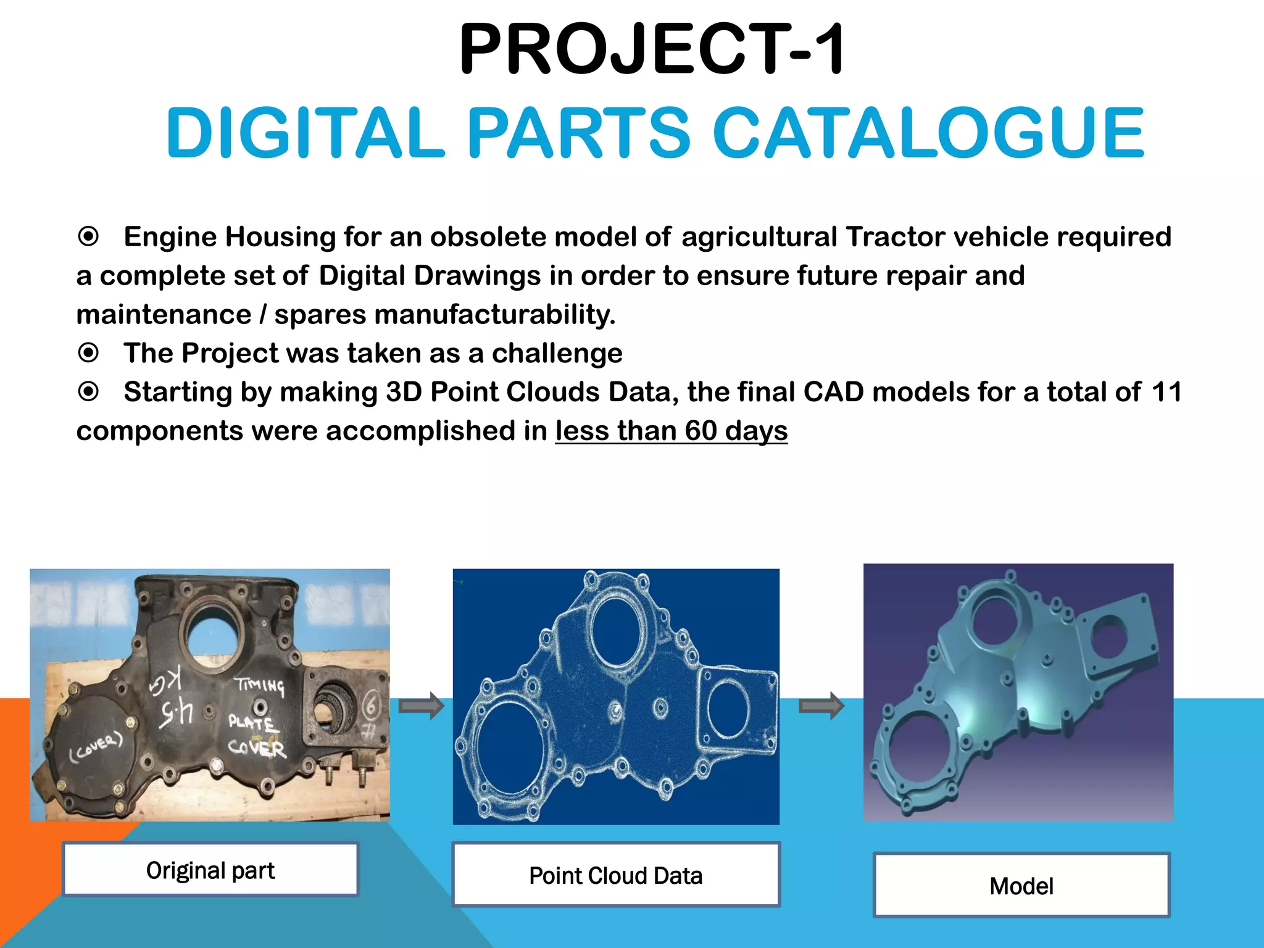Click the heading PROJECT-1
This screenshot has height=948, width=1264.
(x=652, y=49)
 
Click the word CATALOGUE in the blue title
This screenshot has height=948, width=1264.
(x=928, y=133)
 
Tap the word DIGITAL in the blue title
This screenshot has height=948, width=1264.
(x=306, y=133)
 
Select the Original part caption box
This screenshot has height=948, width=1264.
(x=210, y=870)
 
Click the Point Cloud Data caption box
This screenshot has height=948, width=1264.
(x=616, y=875)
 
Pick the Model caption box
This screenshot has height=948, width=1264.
(x=1021, y=886)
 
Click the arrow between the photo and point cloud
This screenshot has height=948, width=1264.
(x=421, y=705)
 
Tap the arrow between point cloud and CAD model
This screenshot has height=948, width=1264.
(x=821, y=705)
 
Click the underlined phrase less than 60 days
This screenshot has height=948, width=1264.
(x=671, y=431)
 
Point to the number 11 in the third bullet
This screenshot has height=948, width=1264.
(x=1166, y=392)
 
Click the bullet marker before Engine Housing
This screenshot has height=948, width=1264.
(x=89, y=236)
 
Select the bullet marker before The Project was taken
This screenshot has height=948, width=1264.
(x=89, y=353)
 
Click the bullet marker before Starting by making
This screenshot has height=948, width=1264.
(x=89, y=392)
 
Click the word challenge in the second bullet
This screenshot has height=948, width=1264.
(x=557, y=354)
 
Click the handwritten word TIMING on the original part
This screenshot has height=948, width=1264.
(x=259, y=685)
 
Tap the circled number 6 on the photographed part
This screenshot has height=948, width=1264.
(x=371, y=705)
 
